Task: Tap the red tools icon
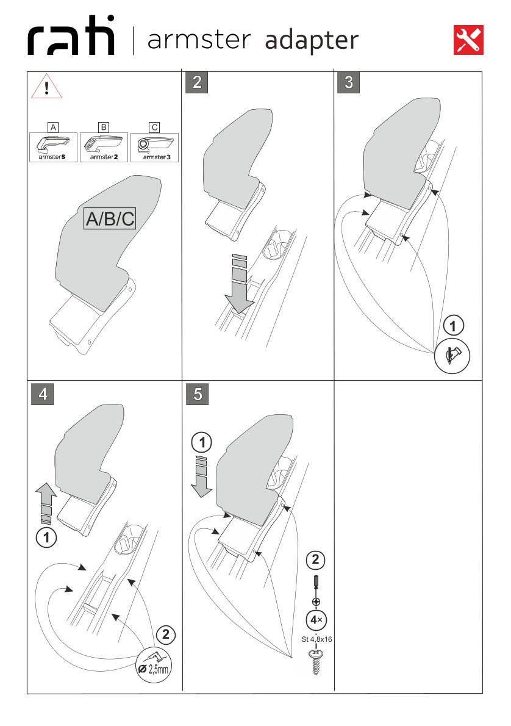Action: click(x=468, y=40)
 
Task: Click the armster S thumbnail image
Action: click(x=54, y=147)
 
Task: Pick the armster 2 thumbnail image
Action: click(x=104, y=147)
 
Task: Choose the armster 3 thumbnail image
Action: click(x=155, y=147)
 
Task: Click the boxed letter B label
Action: click(x=104, y=128)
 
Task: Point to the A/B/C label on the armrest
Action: click(x=110, y=219)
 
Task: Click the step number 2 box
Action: click(x=197, y=82)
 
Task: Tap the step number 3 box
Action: click(x=348, y=82)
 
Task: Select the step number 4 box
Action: click(x=43, y=394)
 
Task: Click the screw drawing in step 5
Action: click(x=316, y=663)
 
